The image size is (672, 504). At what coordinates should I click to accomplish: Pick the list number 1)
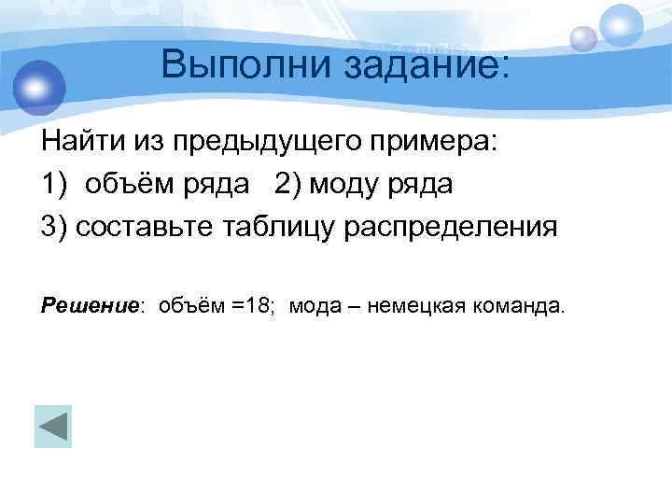pos(54,186)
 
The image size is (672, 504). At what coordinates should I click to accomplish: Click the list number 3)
pos(54,227)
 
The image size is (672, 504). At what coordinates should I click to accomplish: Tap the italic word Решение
pos(90,305)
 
